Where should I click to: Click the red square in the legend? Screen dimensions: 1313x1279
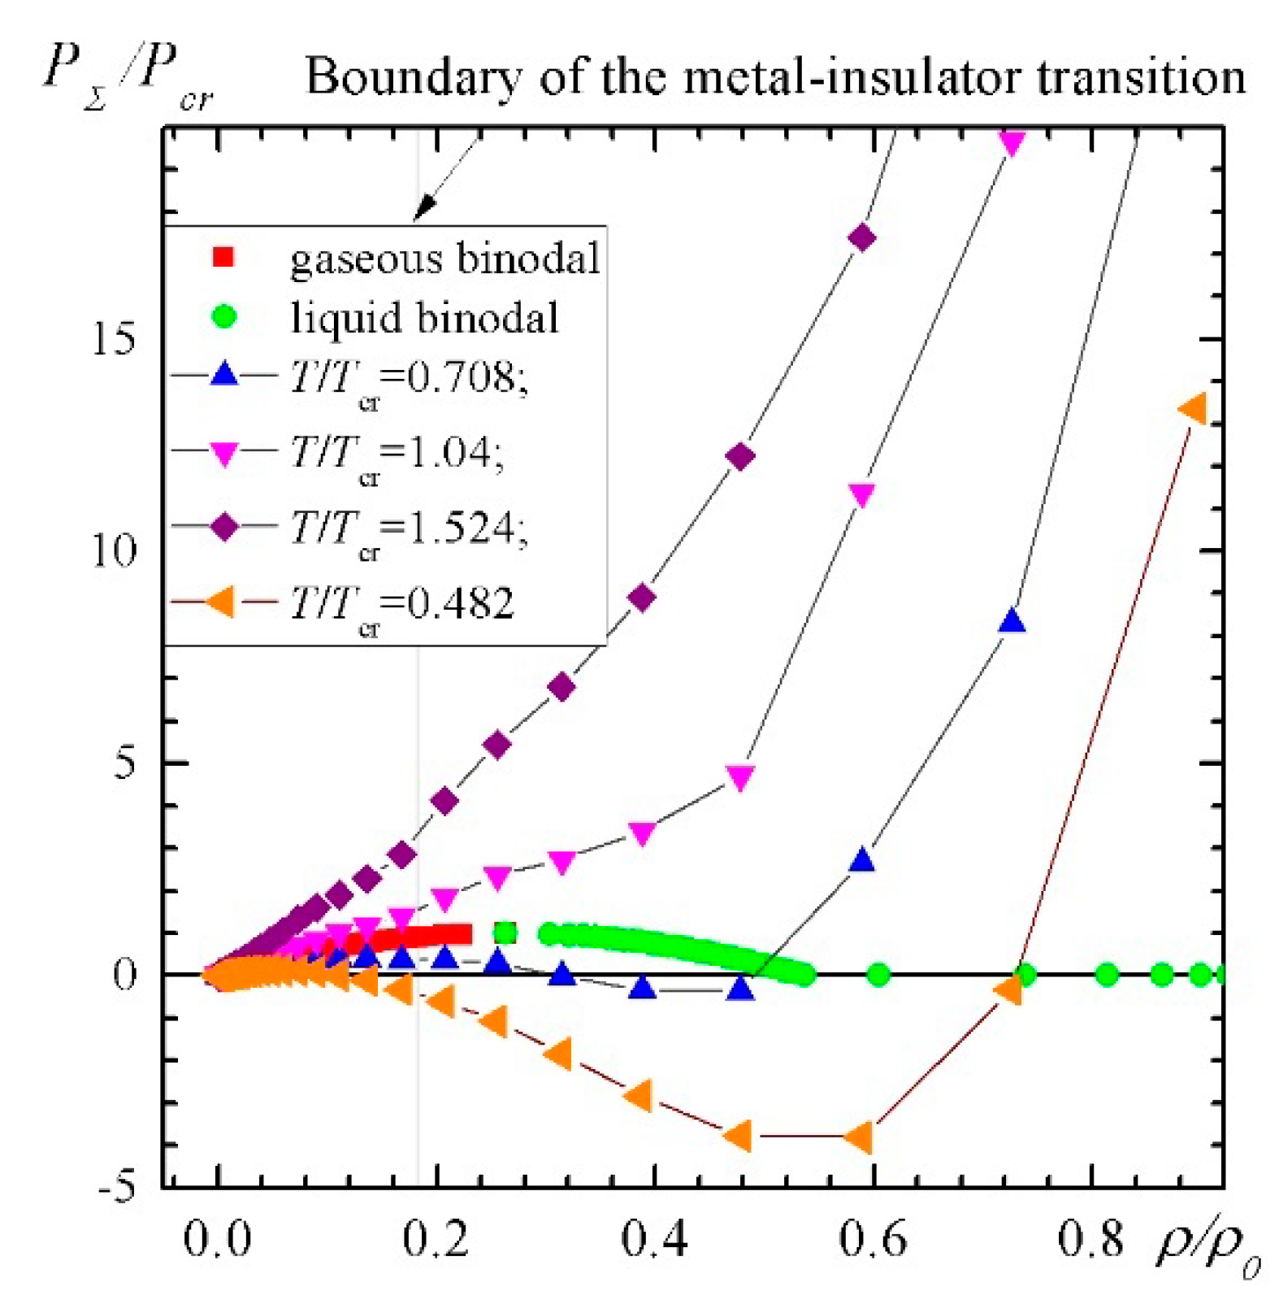[x=223, y=258]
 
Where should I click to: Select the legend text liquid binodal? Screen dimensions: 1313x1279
[x=425, y=317]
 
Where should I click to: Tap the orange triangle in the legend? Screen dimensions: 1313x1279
[x=221, y=602]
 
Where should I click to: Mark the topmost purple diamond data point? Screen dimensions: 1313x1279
[x=861, y=238]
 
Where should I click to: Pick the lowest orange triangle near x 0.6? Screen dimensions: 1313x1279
[x=860, y=1137]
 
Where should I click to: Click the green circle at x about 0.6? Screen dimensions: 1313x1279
[x=878, y=974]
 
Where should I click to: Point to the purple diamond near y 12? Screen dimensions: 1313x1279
[x=739, y=456]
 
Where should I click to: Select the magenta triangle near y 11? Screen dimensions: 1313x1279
[x=861, y=494]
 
